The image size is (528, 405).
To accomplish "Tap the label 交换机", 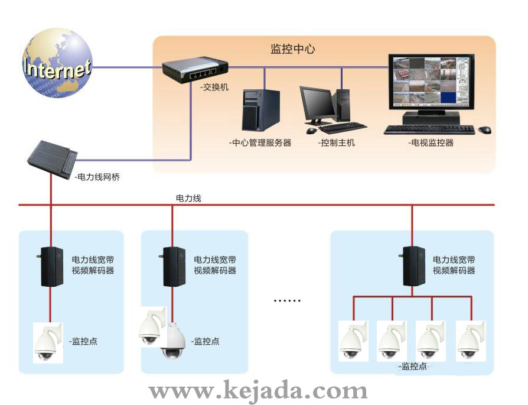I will [x=214, y=88].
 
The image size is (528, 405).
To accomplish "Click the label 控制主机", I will [x=336, y=142].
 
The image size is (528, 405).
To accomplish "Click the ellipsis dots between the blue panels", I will [x=287, y=300].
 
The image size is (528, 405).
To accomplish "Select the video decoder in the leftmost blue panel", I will [x=51, y=267].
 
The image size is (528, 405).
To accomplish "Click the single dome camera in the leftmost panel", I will [x=46, y=342].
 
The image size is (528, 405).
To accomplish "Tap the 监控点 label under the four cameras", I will [x=413, y=367].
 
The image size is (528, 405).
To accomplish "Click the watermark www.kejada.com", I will [x=258, y=391].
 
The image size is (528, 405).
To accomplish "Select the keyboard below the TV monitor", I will [x=429, y=129].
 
